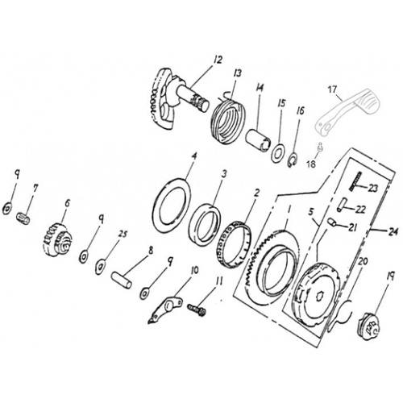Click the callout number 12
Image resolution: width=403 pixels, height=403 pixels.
tap(217, 58)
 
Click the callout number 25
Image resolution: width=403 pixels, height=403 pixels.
tap(123, 234)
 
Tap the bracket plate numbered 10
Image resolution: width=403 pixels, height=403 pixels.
tap(167, 308)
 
